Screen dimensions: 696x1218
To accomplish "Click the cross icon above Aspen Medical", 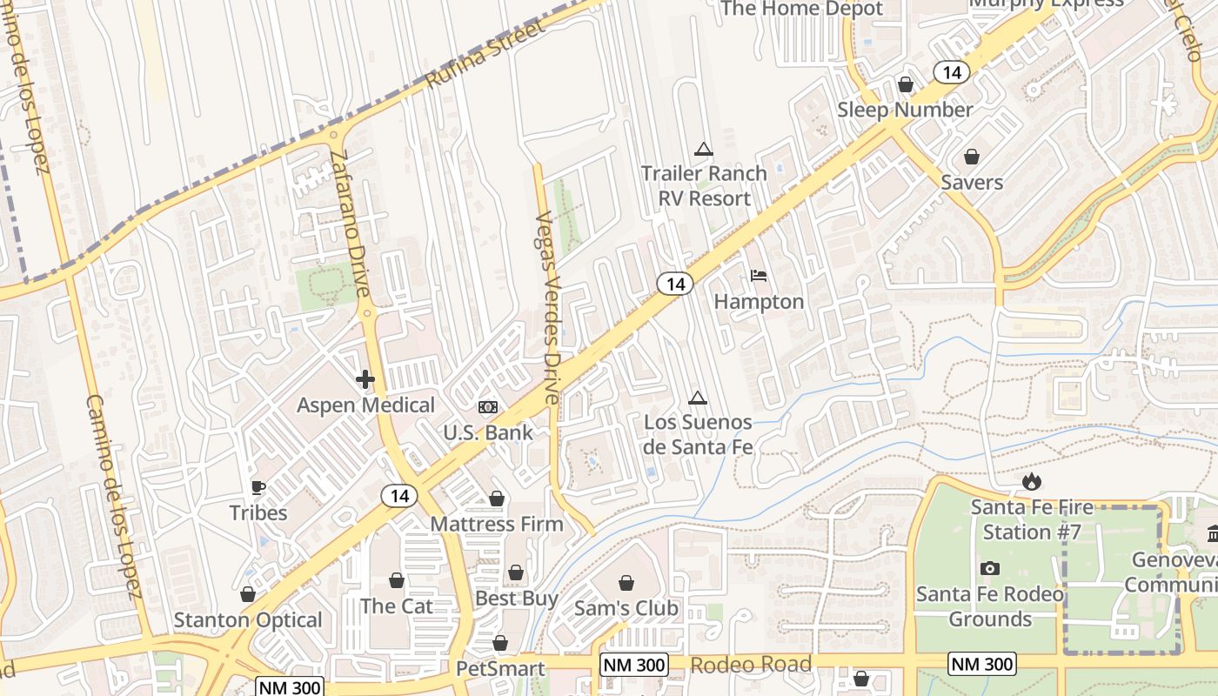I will click(365, 378).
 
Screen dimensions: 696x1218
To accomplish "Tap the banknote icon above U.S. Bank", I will click(488, 407).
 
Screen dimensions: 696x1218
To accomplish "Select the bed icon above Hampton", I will click(759, 276).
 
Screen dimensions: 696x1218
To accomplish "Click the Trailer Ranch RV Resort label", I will click(704, 185).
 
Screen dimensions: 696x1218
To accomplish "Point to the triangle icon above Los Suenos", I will click(696, 398).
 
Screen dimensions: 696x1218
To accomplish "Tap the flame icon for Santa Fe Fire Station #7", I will click(1031, 481).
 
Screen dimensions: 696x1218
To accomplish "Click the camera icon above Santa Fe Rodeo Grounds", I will click(989, 568).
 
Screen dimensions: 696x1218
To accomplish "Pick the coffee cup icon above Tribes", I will click(258, 487).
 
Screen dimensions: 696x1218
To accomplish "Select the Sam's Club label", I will click(626, 608).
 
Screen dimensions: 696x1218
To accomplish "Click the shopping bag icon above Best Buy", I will click(516, 572).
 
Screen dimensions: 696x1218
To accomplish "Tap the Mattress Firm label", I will click(497, 524).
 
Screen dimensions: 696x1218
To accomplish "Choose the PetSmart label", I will click(500, 668).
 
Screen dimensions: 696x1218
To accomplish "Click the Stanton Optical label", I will click(248, 619).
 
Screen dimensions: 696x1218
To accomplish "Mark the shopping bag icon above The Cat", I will click(397, 579).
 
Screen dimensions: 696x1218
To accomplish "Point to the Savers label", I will click(972, 182).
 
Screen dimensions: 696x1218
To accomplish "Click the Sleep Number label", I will click(905, 110).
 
